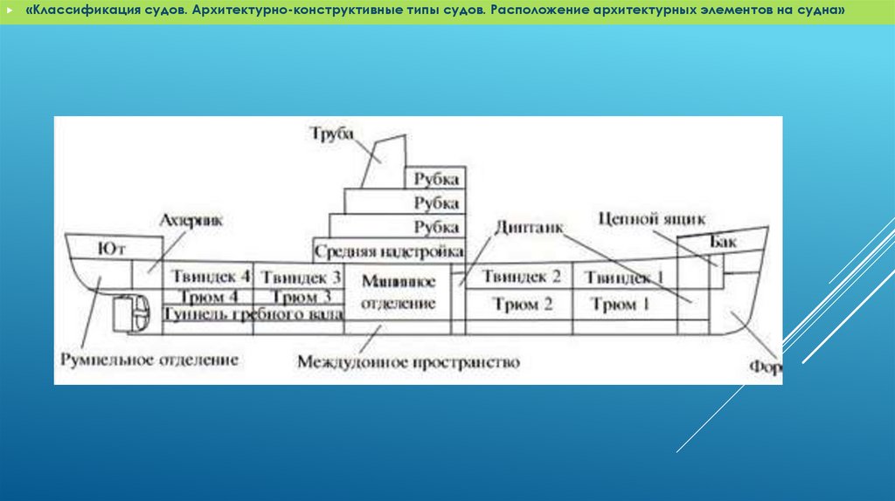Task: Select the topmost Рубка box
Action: [436, 179]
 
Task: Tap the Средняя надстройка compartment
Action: [389, 252]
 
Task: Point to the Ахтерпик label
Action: [191, 221]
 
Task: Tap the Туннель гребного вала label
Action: [253, 314]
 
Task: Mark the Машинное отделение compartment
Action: [399, 292]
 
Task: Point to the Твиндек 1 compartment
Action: [624, 278]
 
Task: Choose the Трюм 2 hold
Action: [523, 305]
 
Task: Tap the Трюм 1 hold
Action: [621, 305]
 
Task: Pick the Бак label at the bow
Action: [724, 242]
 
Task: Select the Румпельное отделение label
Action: [149, 359]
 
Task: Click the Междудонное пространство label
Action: [408, 361]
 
